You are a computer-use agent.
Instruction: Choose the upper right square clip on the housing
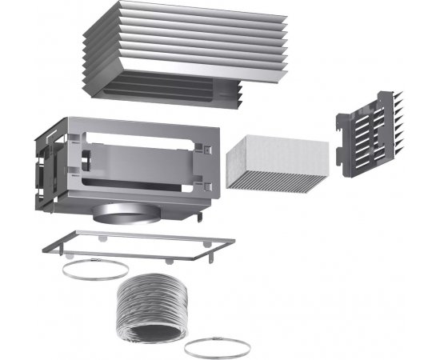pos(206,149)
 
